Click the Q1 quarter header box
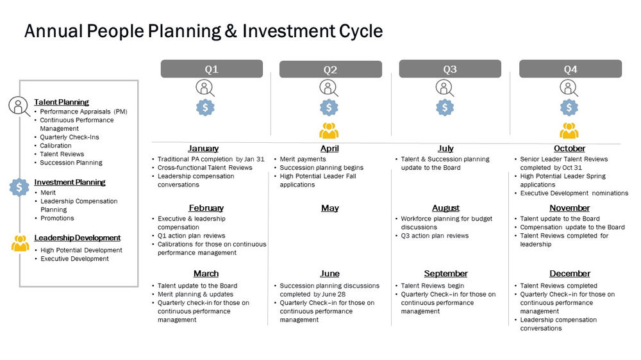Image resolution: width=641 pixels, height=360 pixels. pos(212,69)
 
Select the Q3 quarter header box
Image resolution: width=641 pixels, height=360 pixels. pos(450,69)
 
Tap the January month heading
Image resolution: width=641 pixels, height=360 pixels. pos(203,149)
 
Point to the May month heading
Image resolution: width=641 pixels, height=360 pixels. pos(329,208)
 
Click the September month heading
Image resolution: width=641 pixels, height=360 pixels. pos(445,274)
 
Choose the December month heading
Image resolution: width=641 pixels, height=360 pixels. pos(570,274)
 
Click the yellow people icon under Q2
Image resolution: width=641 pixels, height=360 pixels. pos(329,131)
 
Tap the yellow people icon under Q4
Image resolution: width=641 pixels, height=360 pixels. pos(569,131)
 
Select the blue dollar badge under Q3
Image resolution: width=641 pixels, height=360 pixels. pos(445,108)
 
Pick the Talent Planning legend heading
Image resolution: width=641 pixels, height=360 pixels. pos(62,102)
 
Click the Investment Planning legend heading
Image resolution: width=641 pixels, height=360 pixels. pos(70,182)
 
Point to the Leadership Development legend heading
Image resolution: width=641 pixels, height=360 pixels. pos(78,238)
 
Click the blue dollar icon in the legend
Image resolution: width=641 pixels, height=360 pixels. pos(20,187)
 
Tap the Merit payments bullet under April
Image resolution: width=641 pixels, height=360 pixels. pos(303,159)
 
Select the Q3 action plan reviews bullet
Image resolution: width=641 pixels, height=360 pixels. pos(435,236)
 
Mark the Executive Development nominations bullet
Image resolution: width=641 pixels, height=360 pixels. pos(574,193)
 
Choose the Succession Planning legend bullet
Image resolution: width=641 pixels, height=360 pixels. pos(71,163)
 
